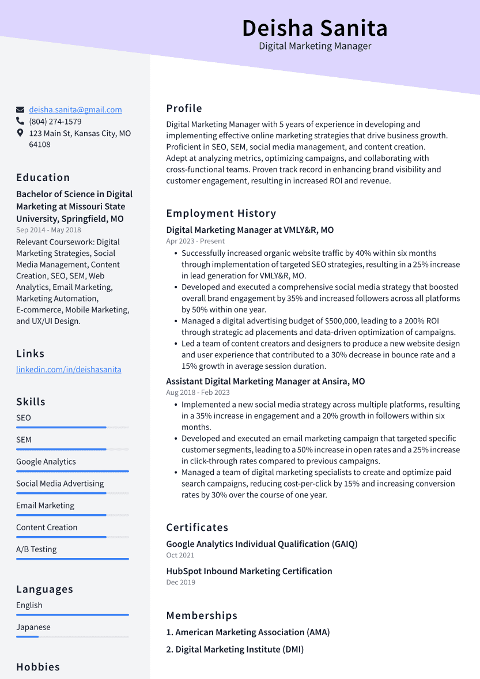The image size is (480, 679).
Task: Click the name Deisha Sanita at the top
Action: (x=315, y=28)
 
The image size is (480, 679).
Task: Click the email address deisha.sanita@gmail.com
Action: (x=75, y=110)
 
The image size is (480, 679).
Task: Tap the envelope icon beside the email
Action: (x=20, y=110)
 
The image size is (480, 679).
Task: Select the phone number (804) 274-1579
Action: (x=55, y=122)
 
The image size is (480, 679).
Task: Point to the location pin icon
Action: (x=20, y=133)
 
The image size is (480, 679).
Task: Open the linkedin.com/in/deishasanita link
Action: (x=69, y=369)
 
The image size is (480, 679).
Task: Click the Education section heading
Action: (x=43, y=178)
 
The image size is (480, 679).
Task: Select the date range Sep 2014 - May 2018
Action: (x=48, y=230)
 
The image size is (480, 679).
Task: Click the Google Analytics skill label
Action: (x=46, y=462)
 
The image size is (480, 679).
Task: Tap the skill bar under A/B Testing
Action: (x=73, y=559)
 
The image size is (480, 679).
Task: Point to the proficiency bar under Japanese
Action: (x=73, y=636)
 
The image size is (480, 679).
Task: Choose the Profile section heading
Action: (x=184, y=108)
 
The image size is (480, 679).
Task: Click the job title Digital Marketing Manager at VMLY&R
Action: (x=250, y=230)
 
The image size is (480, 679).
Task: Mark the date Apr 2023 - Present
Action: (x=195, y=241)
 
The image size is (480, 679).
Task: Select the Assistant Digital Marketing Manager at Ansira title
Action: (x=266, y=382)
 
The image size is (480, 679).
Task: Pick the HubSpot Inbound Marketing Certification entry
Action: (x=249, y=571)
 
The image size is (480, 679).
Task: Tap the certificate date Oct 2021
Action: (x=180, y=555)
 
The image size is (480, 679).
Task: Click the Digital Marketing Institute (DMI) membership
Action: (x=239, y=650)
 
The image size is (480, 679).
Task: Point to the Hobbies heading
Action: (x=38, y=667)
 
